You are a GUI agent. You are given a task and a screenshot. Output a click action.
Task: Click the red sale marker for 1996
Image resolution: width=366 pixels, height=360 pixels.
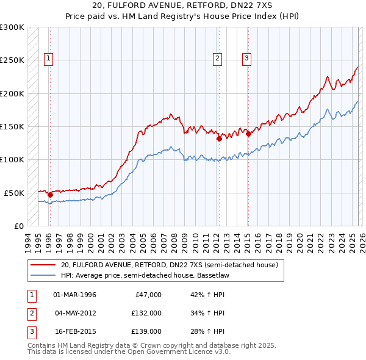50,195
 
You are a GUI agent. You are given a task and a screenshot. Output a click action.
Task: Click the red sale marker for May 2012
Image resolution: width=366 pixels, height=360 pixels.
218,139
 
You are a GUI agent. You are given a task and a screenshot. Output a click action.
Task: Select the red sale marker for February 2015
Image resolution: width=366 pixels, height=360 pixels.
248,134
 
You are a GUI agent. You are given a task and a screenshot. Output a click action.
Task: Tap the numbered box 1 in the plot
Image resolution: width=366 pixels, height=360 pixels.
49,59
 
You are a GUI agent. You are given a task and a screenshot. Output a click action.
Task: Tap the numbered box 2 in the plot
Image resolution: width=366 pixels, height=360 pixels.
217,59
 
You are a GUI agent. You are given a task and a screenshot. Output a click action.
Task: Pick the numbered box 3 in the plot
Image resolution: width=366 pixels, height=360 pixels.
246,59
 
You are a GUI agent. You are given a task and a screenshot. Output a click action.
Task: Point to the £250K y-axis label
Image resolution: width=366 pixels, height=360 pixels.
12,60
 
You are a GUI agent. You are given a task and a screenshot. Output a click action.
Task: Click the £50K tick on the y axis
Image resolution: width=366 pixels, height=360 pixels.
14,193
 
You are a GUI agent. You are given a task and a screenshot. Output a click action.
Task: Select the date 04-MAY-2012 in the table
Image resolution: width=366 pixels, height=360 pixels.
75,313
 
